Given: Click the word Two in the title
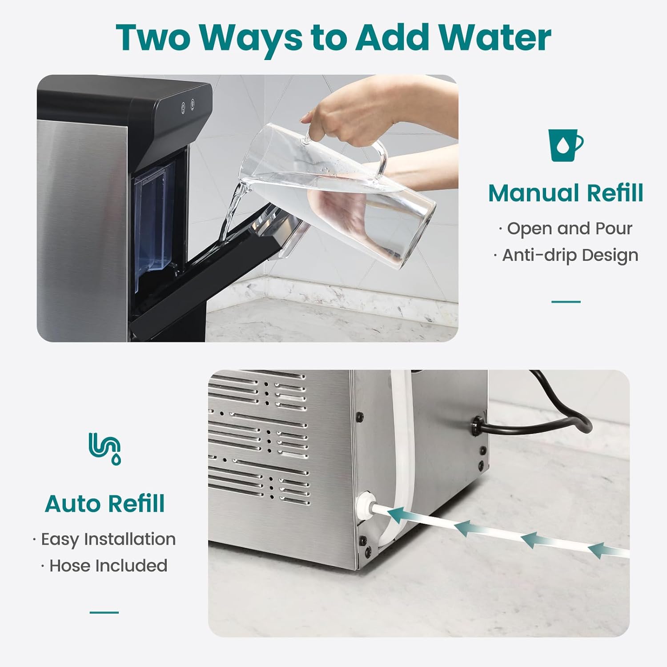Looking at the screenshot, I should coord(153,38).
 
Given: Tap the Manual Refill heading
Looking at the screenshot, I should coord(566,193).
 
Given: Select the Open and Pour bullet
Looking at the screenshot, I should coord(566,229).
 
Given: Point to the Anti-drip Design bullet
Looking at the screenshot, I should coord(566,255).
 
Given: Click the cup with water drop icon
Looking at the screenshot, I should coord(565,145).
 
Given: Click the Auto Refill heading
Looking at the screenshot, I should coord(105,504).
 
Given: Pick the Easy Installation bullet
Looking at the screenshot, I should coord(104,539).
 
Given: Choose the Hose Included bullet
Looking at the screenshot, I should coord(104,566).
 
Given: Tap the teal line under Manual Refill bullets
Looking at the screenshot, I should coord(566,301).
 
